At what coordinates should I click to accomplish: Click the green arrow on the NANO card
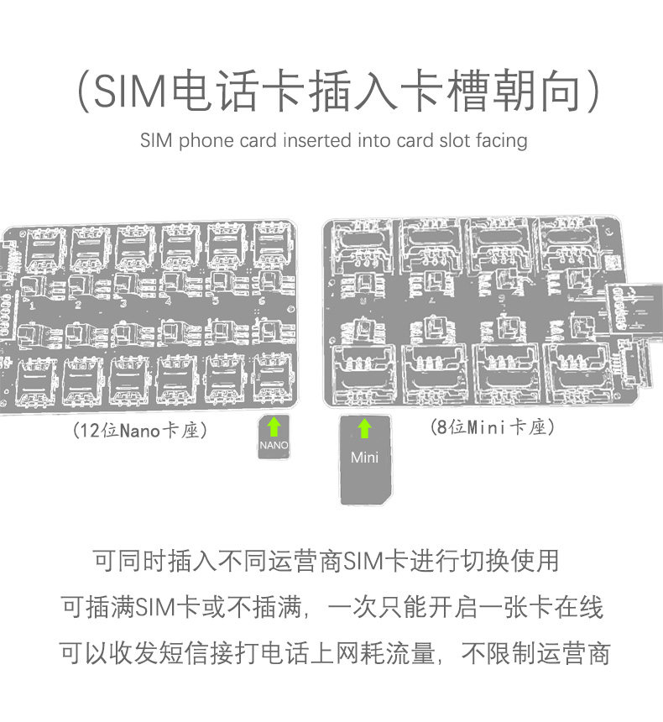pos(274,426)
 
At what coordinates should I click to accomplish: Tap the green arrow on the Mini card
pos(364,428)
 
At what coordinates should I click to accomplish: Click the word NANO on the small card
pos(274,445)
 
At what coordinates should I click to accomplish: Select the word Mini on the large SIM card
pos(364,458)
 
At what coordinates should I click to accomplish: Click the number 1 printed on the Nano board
pos(32,306)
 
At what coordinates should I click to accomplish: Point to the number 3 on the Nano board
pos(123,303)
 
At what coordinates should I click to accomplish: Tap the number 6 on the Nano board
pos(262,301)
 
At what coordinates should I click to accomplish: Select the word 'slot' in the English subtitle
pos(456,140)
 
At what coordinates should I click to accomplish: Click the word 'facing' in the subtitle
pos(502,141)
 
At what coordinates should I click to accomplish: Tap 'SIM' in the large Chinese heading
pos(130,91)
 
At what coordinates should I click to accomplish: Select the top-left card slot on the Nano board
pos(45,249)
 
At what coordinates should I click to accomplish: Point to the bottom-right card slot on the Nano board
pos(274,379)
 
